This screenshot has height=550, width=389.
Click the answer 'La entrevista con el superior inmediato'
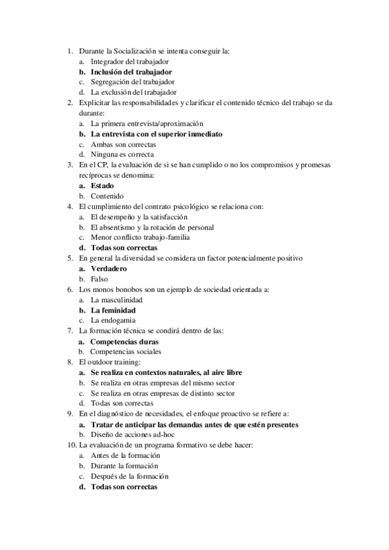[x=157, y=134]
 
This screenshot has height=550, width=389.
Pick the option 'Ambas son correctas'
[x=123, y=144]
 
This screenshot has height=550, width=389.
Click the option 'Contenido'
[x=108, y=196]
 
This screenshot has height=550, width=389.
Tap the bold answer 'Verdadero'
[x=109, y=269]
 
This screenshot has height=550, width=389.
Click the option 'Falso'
[x=100, y=279]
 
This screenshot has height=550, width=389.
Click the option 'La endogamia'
[x=114, y=320]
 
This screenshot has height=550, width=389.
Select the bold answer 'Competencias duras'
[x=124, y=341]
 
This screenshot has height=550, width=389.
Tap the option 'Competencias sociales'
[x=125, y=352]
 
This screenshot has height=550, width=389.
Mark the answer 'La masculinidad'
[x=117, y=300]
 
